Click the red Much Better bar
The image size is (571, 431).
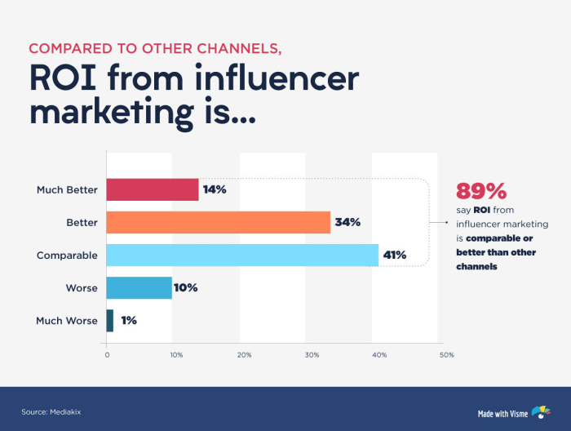click(x=153, y=189)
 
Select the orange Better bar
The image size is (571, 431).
click(x=219, y=222)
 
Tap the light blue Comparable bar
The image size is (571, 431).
click(x=242, y=255)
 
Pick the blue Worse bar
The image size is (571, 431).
click(x=139, y=287)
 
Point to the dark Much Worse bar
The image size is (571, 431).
click(x=110, y=320)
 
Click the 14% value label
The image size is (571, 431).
click(x=215, y=189)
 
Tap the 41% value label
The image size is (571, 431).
click(x=395, y=255)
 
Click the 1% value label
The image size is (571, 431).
click(x=129, y=320)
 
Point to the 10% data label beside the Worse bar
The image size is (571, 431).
click(x=186, y=287)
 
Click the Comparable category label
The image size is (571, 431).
click(x=67, y=255)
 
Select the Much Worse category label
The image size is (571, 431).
click(x=67, y=321)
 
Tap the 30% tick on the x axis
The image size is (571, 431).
click(x=311, y=355)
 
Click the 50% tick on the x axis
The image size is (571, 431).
click(x=446, y=355)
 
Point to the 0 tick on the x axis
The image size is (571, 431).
click(x=107, y=355)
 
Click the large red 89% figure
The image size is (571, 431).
click(x=481, y=191)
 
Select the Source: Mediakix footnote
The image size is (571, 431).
click(x=51, y=411)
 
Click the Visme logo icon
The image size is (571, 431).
click(x=540, y=411)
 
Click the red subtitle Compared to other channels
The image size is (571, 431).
click(x=155, y=47)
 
